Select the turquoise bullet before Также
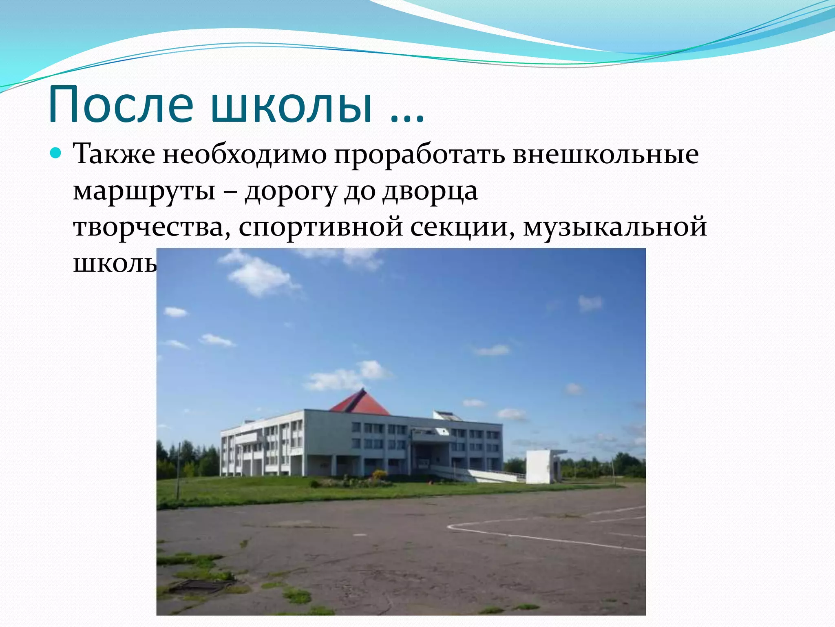56,154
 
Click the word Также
114,154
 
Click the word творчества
149,227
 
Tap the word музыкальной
615,228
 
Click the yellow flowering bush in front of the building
379,474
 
